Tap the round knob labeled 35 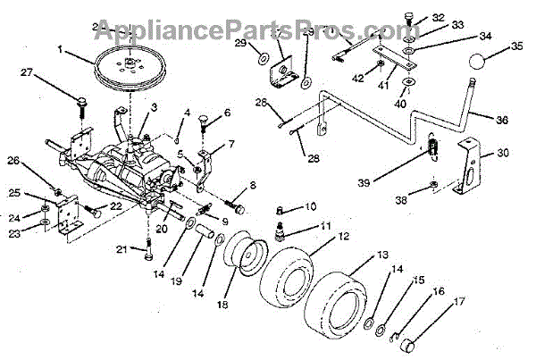(485, 67)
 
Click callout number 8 (254, 186)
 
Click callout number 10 (310, 207)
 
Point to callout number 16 (438, 290)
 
